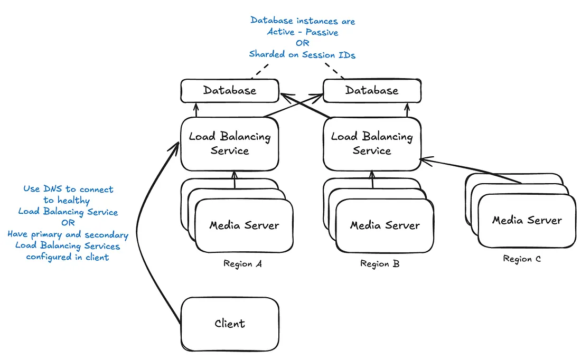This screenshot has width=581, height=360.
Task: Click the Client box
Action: coord(230,324)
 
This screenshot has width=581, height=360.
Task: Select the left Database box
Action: coord(230,90)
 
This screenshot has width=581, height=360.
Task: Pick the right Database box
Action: coord(372,90)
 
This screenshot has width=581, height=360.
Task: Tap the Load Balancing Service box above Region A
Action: coord(230,144)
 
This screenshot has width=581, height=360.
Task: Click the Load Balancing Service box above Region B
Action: coord(372,144)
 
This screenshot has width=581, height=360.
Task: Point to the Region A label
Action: coord(242,264)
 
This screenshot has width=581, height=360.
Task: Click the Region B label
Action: coord(380,264)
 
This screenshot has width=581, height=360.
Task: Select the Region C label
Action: coord(522,259)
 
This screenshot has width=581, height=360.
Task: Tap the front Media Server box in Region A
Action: coord(244,226)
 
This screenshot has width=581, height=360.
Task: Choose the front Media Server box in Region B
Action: coord(385,226)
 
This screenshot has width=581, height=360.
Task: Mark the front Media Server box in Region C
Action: coord(527,221)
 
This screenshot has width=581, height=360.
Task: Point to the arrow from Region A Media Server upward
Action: coord(235,181)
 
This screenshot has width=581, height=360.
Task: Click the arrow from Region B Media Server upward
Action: coord(373,181)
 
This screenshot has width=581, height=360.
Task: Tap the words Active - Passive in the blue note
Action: coord(303,32)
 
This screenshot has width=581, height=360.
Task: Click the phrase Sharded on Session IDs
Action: coord(302,54)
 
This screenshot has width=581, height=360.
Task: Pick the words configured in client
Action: coord(68,257)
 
